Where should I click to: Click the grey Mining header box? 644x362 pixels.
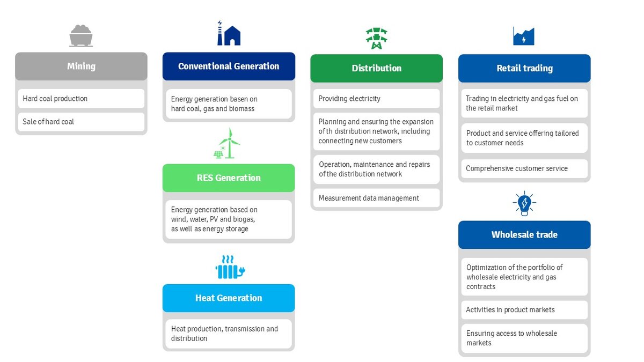[x=81, y=67]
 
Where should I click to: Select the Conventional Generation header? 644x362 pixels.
[x=229, y=67]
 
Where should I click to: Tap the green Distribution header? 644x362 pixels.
[x=376, y=69]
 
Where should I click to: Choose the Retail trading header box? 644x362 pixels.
[x=524, y=69]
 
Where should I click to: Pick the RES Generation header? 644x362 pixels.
[x=229, y=178]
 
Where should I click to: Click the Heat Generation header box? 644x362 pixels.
[x=229, y=298]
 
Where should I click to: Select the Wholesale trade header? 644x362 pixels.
[x=524, y=235]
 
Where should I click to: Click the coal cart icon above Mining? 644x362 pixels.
[x=81, y=35]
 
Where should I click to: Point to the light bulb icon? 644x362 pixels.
[x=524, y=203]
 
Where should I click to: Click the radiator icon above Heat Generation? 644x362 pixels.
[x=230, y=267]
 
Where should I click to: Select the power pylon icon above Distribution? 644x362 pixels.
[x=376, y=38]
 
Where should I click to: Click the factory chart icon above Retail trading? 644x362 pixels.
[x=524, y=36]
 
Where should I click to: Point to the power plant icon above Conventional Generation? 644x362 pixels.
[x=229, y=33]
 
